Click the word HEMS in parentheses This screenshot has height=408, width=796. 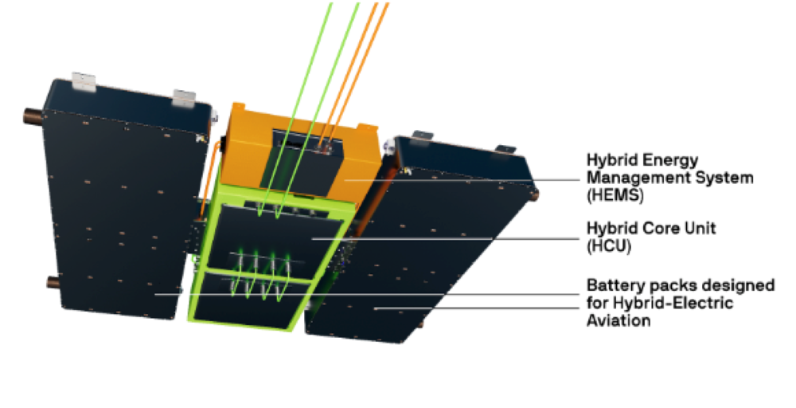[615, 195]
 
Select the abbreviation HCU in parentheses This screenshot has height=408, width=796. [609, 246]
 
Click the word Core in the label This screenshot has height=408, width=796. [658, 228]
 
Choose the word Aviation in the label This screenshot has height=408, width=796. [618, 320]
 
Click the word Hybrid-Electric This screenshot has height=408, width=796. [673, 304]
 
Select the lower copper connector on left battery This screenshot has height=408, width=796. [53, 282]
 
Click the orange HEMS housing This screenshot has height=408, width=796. [299, 152]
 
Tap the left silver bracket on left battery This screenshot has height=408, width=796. [84, 82]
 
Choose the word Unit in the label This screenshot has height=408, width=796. [700, 228]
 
